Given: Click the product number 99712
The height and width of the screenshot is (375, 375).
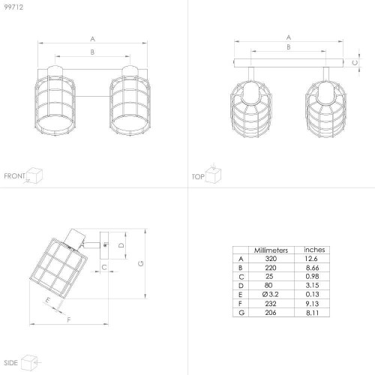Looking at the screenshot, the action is point(13,7).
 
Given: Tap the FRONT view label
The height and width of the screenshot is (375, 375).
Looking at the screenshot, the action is point(14,176).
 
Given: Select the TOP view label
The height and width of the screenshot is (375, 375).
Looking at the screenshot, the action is point(198,177).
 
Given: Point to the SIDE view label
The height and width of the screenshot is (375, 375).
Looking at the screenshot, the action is point(10,363).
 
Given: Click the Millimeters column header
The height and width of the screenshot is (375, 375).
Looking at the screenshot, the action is point(271,250).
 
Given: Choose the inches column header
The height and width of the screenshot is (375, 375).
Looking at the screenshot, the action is point(314,250).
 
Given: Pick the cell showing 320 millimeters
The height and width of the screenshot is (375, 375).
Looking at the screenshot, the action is point(271,259).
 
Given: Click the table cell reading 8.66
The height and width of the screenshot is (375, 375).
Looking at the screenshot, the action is point(312,268).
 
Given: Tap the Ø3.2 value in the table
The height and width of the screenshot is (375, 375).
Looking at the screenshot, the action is point(270,294).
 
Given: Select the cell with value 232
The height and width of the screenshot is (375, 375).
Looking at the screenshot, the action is point(271,304).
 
